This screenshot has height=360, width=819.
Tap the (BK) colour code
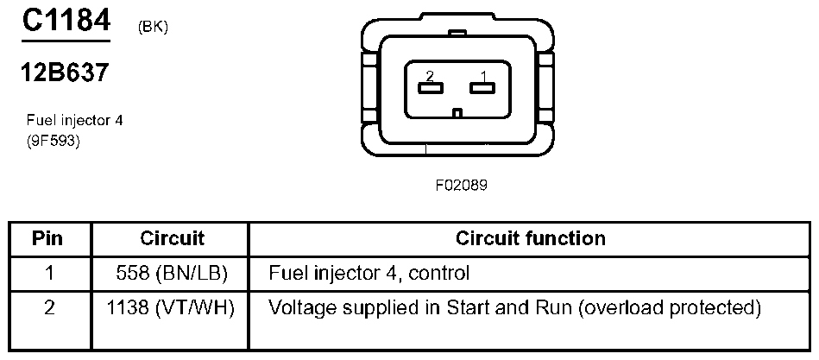pos(153,27)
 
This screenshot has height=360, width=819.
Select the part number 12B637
pos(65,73)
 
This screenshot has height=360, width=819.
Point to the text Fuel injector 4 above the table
pos(75,121)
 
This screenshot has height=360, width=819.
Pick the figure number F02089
pos(456,185)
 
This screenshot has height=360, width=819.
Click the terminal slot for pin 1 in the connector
pos(481,87)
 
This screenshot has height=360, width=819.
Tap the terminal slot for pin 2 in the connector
pos(429,87)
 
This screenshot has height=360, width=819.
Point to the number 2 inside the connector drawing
pos(429,75)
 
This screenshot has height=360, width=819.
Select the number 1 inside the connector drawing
pos(484,75)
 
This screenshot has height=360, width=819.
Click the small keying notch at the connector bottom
pos(457,112)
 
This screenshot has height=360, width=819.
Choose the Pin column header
pos(49,238)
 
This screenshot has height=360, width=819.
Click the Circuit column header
pos(172,238)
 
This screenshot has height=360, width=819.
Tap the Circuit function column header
pos(530,238)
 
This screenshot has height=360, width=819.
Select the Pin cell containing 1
pos(49,274)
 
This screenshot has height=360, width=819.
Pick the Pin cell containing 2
pos(49,307)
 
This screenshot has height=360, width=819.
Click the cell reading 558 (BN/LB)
pos(171,274)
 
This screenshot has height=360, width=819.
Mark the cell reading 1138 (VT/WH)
pos(171,307)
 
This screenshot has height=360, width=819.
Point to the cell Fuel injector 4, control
pos(369,274)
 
